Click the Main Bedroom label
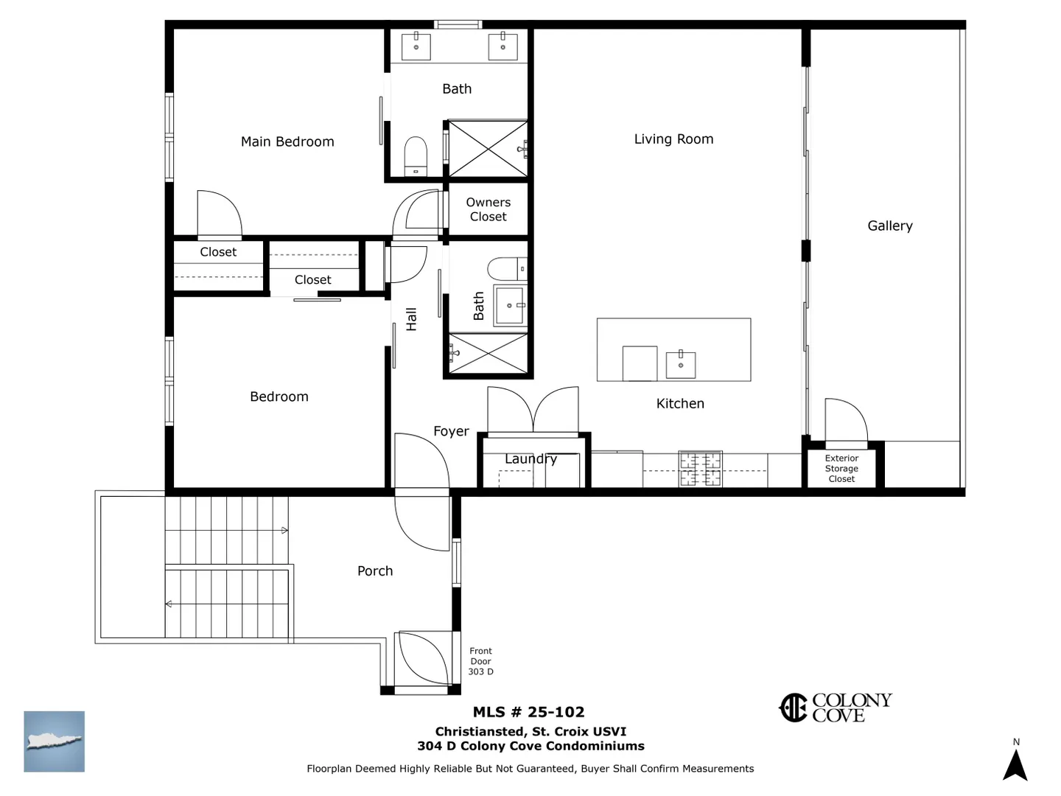click(287, 142)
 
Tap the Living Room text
click(673, 139)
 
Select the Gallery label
click(890, 226)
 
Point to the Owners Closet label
click(489, 209)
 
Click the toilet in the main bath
click(416, 156)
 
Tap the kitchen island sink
click(681, 364)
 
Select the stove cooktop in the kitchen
click(701, 468)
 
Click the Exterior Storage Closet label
click(841, 468)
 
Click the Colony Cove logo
click(836, 708)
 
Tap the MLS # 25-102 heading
click(528, 712)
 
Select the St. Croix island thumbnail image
click(54, 741)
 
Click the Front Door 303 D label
click(480, 661)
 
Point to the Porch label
click(375, 571)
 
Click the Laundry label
click(530, 458)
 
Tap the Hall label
click(411, 319)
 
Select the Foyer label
click(451, 431)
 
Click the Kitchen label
click(680, 404)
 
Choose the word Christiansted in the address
click(479, 732)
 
